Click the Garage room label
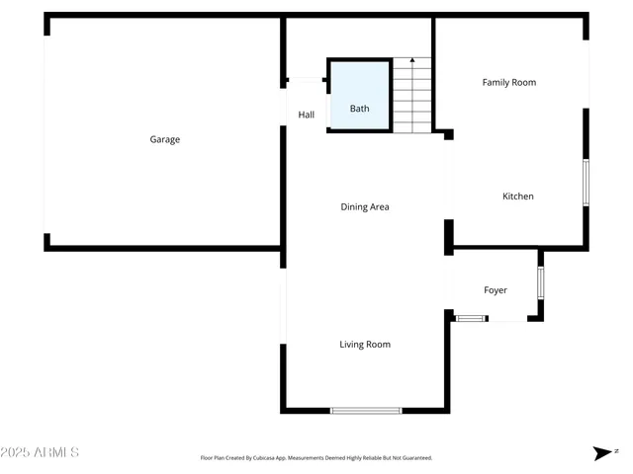pyautogui.click(x=165, y=139)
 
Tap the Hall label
pyautogui.click(x=307, y=116)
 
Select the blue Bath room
pyautogui.click(x=359, y=96)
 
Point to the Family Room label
pyautogui.click(x=509, y=82)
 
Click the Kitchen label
pyautogui.click(x=518, y=197)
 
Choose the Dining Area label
pyautogui.click(x=365, y=207)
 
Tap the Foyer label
pyautogui.click(x=496, y=290)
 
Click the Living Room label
pyautogui.click(x=365, y=345)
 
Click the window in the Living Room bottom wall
pyautogui.click(x=366, y=410)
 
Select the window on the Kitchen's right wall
pyautogui.click(x=585, y=183)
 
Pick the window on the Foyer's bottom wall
pyautogui.click(x=471, y=318)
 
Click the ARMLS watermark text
pyautogui.click(x=55, y=453)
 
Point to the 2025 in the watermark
pyautogui.click(x=17, y=453)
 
